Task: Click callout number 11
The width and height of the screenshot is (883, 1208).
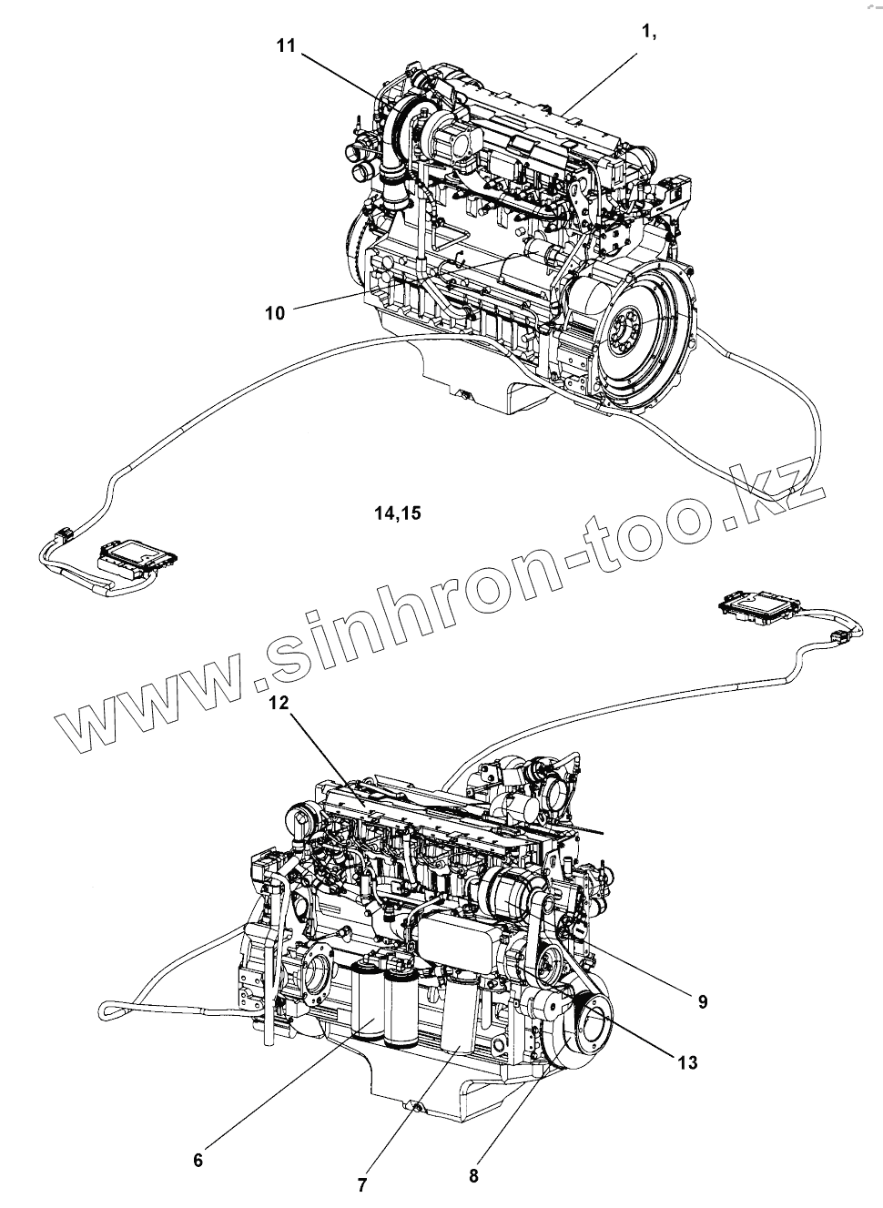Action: click(287, 46)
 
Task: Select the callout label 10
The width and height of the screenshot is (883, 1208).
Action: click(275, 313)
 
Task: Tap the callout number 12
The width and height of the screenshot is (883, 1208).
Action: click(278, 703)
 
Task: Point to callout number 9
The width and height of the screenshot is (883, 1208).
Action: click(703, 1001)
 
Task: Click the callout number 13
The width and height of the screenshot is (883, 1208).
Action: click(688, 1061)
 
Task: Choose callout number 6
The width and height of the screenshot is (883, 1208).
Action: click(198, 1160)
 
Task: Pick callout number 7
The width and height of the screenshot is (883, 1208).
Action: click(361, 1185)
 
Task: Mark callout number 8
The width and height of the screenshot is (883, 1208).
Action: click(473, 1175)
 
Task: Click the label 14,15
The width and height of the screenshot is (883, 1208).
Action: click(397, 513)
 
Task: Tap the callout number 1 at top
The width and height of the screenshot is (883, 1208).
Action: click(649, 32)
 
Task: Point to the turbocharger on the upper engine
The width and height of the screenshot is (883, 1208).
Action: click(405, 123)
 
